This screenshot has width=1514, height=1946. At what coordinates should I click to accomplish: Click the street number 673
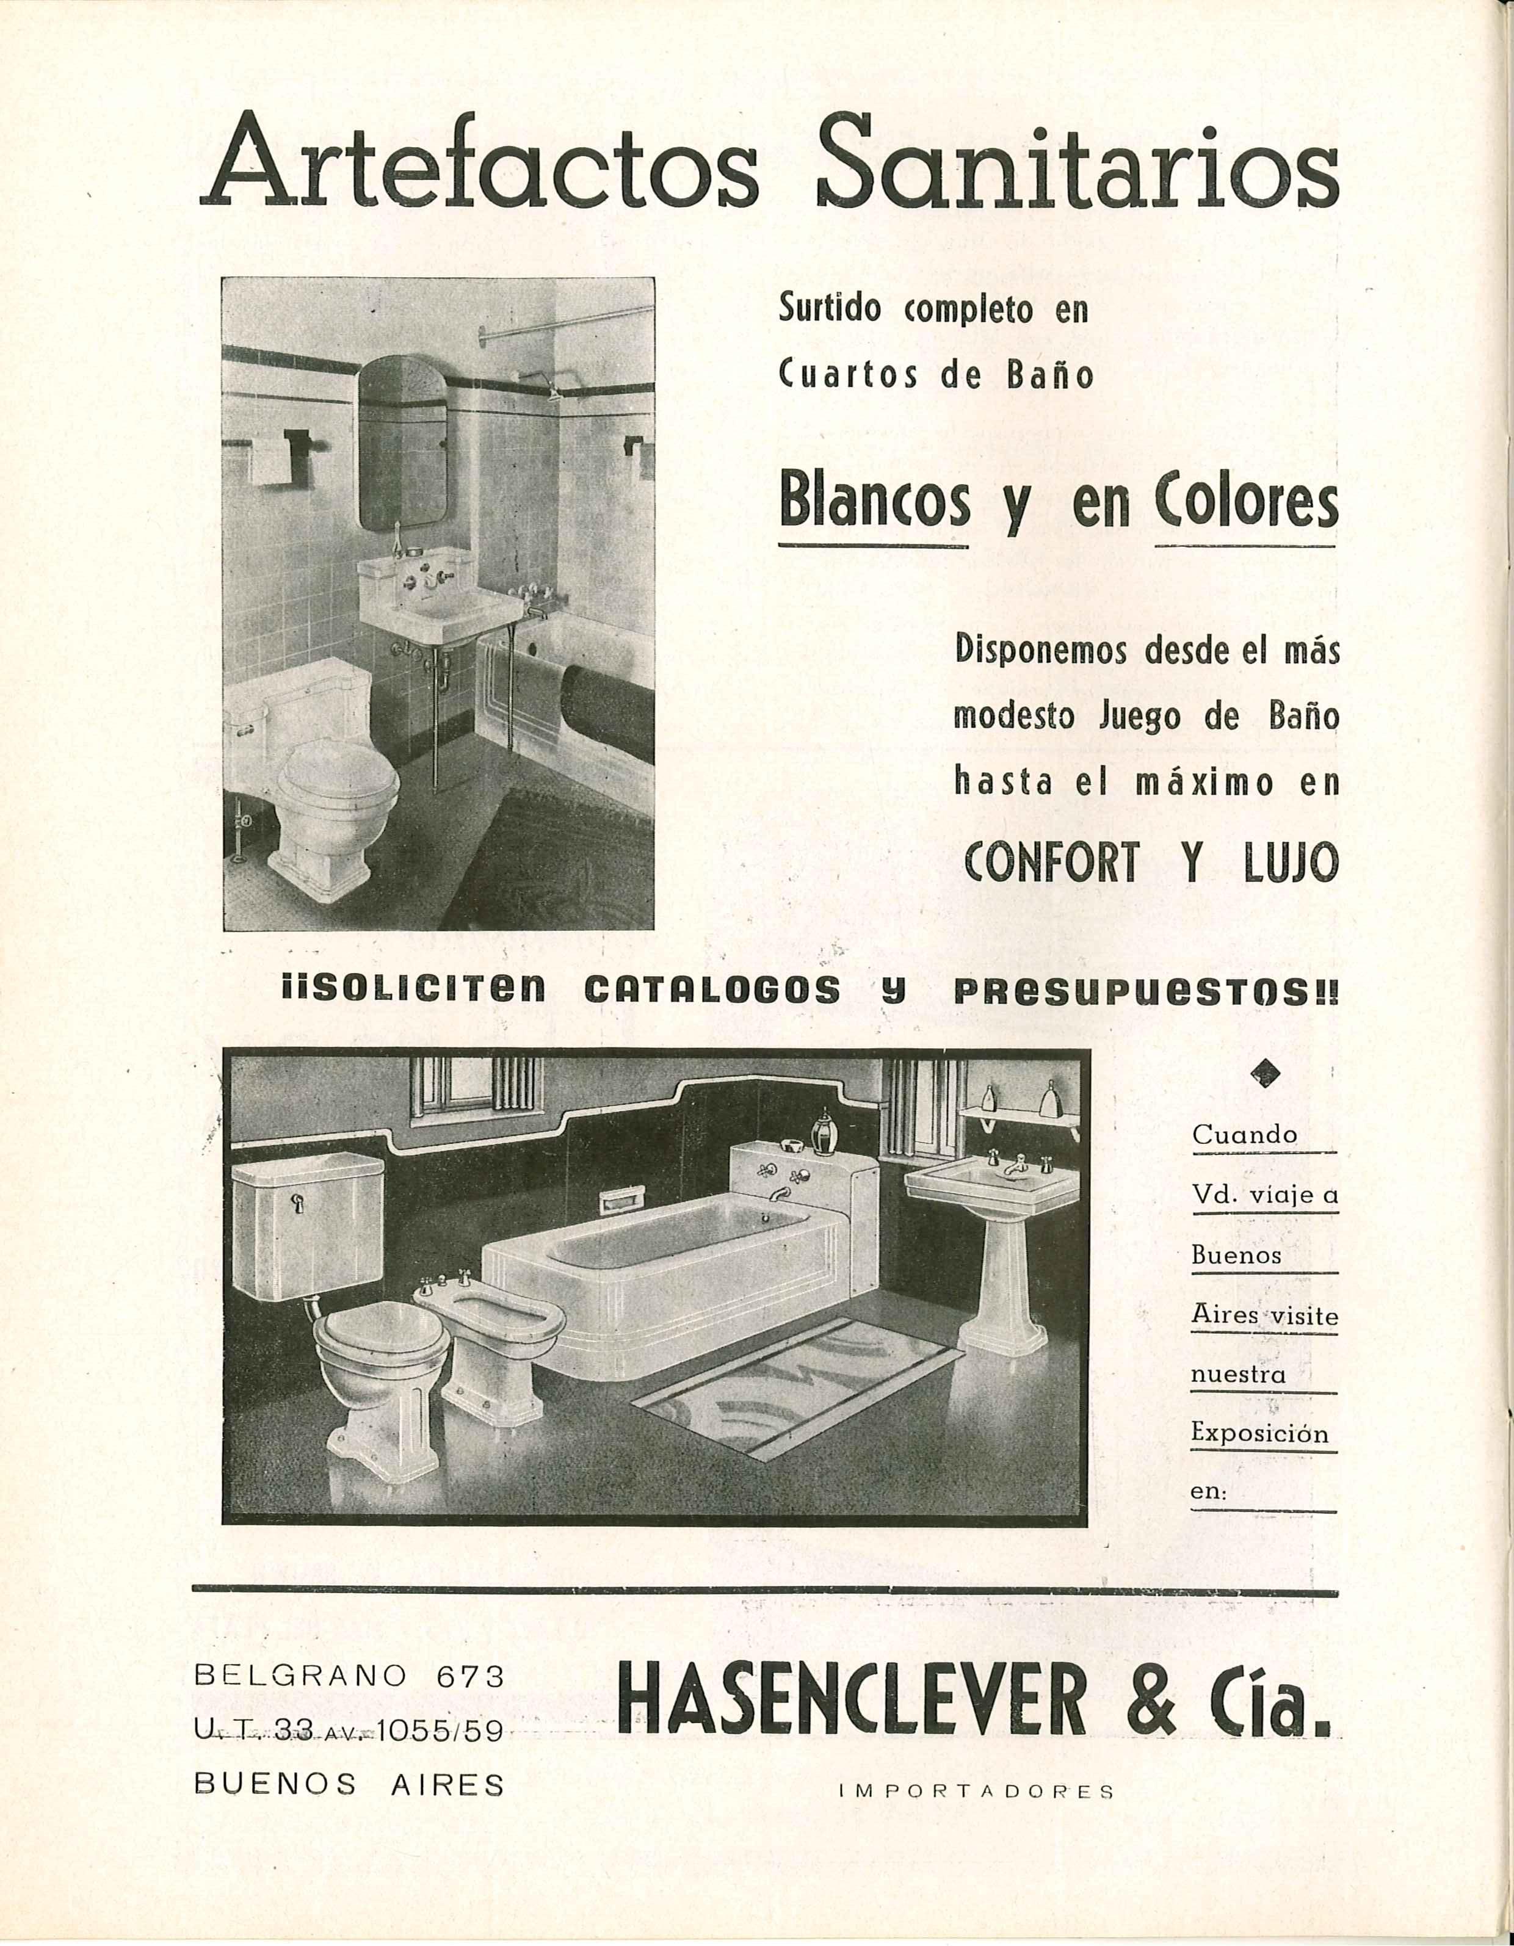pyautogui.click(x=471, y=1676)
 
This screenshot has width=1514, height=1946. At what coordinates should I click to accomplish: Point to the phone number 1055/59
pyautogui.click(x=441, y=1731)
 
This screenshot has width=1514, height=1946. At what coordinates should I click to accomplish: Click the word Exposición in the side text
pyautogui.click(x=1259, y=1434)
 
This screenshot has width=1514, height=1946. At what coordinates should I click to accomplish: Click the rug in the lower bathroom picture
pyautogui.click(x=797, y=1394)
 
